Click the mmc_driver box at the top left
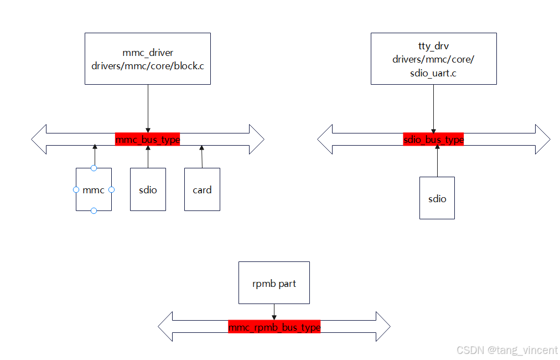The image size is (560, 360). point(148,59)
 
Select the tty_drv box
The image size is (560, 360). point(433,59)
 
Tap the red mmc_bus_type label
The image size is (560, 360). point(148,140)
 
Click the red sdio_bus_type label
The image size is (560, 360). point(433,140)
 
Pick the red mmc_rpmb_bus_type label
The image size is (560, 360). point(274,327)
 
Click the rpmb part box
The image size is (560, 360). point(274,283)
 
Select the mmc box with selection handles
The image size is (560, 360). point(94,190)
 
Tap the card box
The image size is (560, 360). point(202,190)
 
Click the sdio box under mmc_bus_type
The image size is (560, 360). point(148,190)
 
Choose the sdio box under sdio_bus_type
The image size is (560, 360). point(437,198)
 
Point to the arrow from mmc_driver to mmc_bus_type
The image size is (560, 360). point(148,108)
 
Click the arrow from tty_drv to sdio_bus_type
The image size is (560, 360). point(433,108)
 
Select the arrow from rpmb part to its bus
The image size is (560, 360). point(274,311)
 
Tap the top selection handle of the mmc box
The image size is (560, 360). point(94,168)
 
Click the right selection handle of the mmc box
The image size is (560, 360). point(111,189)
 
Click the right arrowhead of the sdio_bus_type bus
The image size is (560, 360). point(542,140)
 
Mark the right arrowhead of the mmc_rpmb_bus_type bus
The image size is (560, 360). point(382,327)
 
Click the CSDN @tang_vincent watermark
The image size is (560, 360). point(507,350)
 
